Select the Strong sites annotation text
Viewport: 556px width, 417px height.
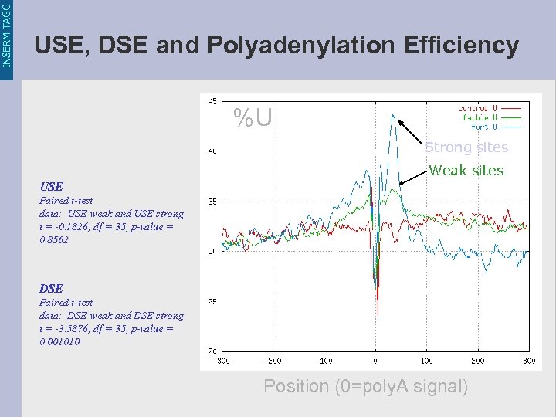466,147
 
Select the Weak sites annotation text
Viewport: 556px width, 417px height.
466,171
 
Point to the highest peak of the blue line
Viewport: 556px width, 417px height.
395,117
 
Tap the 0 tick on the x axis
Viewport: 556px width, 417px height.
376,361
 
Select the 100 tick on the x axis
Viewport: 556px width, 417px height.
426,361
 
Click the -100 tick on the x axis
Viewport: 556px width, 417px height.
324,361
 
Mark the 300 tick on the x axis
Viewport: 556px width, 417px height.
529,361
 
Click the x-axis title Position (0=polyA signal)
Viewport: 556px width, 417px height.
365,386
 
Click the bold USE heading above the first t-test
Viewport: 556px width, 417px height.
51,187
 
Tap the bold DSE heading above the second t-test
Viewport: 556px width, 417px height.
51,289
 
